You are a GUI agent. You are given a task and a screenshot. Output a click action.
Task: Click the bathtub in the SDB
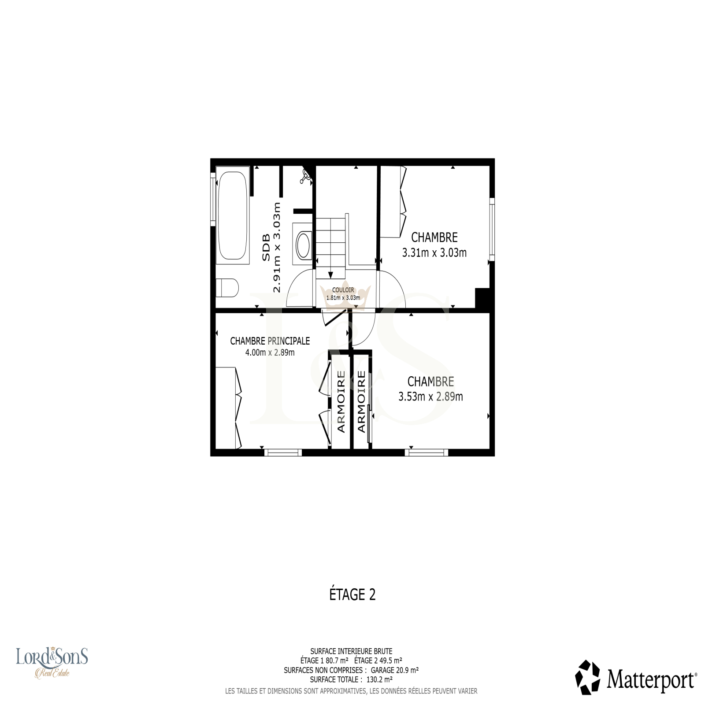(233, 215)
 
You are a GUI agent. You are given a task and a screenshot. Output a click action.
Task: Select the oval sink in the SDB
(303, 245)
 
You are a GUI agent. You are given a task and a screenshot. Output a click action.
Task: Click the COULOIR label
(343, 290)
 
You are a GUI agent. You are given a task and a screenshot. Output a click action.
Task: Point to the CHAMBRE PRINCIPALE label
(270, 341)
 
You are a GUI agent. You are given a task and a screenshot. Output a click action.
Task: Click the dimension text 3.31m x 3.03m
(434, 253)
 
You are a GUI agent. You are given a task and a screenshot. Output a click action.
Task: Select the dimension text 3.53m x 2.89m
(430, 397)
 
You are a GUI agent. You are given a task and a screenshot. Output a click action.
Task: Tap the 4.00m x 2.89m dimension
(270, 352)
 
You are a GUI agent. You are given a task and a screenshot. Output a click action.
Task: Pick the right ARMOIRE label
(361, 401)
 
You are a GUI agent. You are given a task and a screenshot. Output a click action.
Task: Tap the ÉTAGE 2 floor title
(352, 595)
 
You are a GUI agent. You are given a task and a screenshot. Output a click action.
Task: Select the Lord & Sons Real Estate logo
(52, 661)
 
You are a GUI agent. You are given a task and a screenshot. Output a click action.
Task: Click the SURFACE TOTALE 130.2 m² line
(351, 679)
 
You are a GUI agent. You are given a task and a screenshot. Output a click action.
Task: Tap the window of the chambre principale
(283, 452)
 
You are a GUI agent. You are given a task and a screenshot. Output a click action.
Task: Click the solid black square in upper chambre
(482, 298)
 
